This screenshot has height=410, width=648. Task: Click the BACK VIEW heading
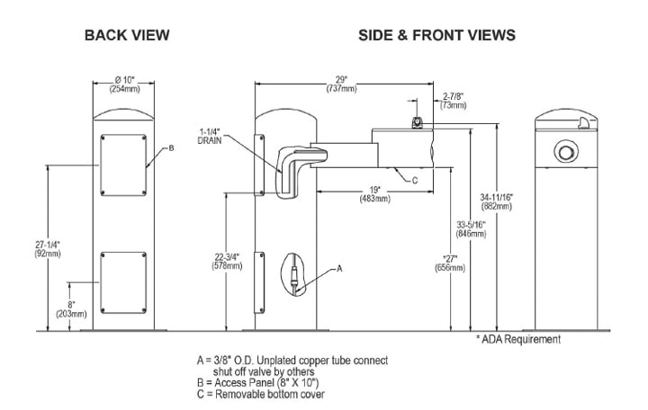point(127,35)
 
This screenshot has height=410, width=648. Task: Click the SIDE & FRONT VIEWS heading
point(436,35)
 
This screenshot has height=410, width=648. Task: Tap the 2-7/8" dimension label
point(453,99)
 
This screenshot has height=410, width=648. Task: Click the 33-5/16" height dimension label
point(471,228)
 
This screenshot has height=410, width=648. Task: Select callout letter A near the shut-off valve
point(339,268)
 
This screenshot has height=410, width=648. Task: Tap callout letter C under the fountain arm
point(414,180)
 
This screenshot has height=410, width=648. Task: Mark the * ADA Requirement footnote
point(517,339)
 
